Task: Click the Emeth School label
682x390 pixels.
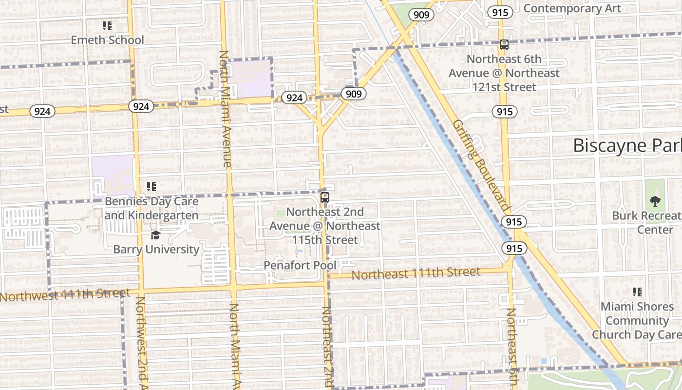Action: click(107, 40)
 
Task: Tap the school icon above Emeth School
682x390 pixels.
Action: click(107, 26)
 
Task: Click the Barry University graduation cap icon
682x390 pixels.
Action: click(155, 235)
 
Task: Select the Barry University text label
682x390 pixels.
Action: click(156, 250)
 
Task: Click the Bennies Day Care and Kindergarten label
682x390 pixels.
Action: click(152, 208)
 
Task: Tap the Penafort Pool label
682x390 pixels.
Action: click(300, 266)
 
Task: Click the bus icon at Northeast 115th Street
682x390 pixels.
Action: click(325, 197)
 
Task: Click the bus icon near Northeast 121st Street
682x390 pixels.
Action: click(504, 45)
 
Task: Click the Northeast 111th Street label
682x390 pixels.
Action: click(416, 273)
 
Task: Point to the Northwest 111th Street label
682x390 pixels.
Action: click(65, 295)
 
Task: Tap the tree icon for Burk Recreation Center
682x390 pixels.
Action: click(655, 201)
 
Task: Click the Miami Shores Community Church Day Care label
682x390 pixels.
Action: click(637, 320)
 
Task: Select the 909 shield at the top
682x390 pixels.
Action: click(421, 15)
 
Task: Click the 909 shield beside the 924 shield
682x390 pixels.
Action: click(353, 94)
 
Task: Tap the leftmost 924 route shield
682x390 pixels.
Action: click(42, 111)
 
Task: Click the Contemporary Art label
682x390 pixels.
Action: click(572, 8)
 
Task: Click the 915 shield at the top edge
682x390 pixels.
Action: click(500, 13)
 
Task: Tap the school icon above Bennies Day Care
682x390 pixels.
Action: click(152, 186)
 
